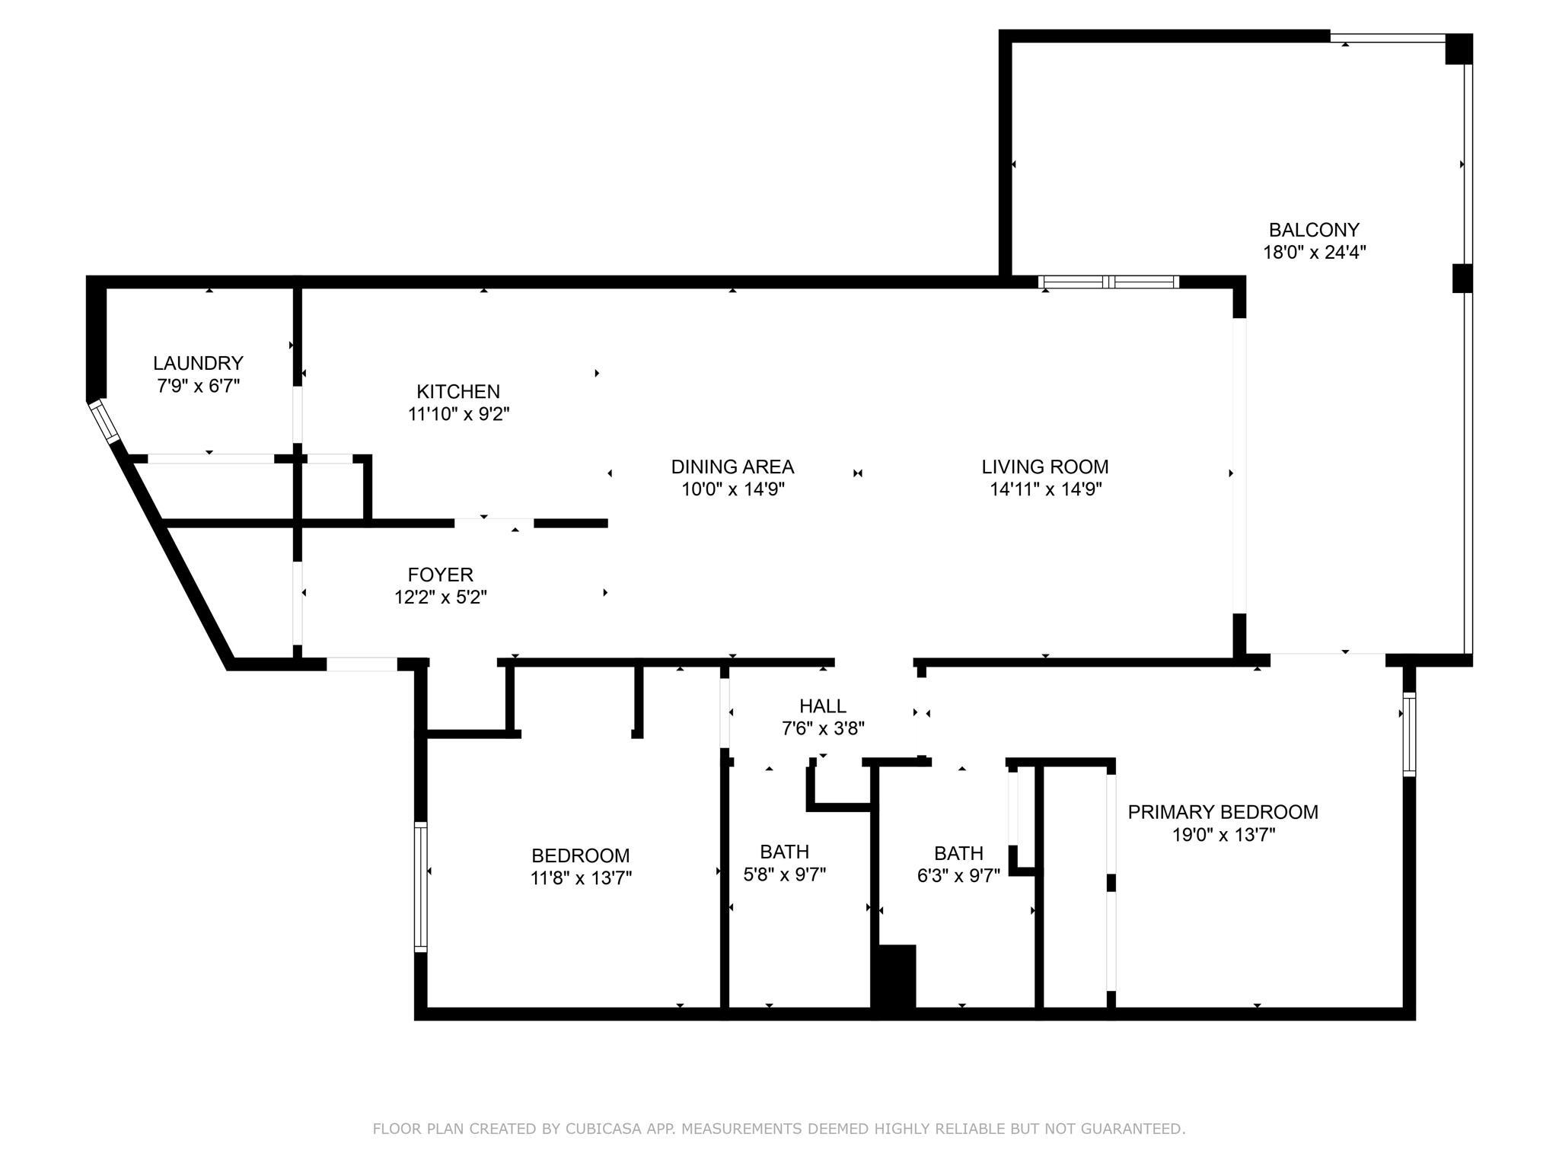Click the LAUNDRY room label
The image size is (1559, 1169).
(x=198, y=363)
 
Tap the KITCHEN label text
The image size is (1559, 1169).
(x=458, y=391)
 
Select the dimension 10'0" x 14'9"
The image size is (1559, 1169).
(x=733, y=489)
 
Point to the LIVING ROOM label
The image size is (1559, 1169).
(x=1045, y=467)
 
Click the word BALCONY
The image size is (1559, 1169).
(x=1314, y=229)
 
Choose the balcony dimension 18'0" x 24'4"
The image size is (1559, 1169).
(x=1315, y=252)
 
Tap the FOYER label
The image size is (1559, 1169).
(x=441, y=575)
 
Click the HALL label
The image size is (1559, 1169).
(x=823, y=706)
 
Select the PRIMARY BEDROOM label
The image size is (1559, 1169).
(x=1223, y=812)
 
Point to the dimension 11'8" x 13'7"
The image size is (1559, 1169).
(x=581, y=878)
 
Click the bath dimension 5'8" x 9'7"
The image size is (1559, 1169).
(x=785, y=874)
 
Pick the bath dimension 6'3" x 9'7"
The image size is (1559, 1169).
(x=959, y=876)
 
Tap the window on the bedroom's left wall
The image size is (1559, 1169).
(x=420, y=887)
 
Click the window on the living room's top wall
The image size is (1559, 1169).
(x=1109, y=282)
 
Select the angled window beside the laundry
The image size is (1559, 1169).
(x=104, y=422)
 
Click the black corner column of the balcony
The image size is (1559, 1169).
(x=1459, y=49)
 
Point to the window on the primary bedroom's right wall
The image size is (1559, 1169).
(x=1409, y=734)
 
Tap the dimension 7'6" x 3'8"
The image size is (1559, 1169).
(x=823, y=729)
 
